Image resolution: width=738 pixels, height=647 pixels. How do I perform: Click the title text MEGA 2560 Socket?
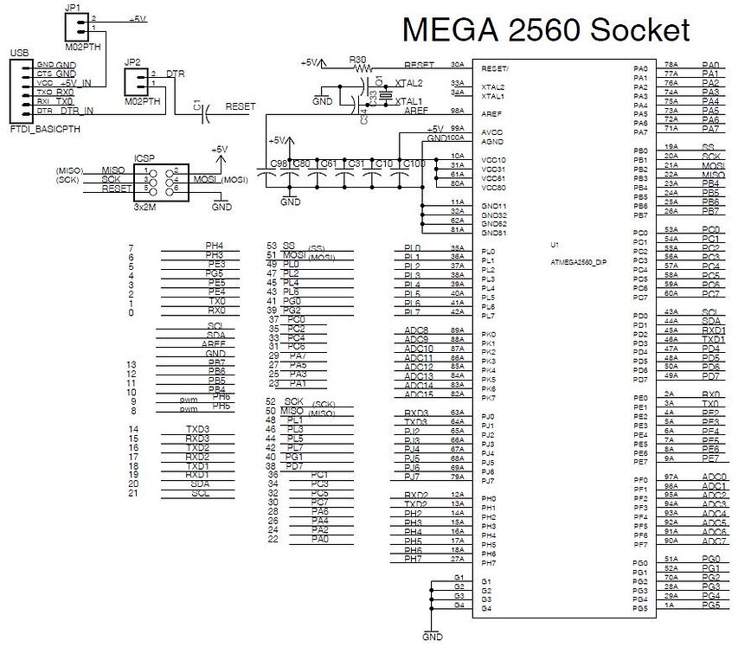tap(545, 30)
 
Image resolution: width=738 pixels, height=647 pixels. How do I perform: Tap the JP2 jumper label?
tap(132, 62)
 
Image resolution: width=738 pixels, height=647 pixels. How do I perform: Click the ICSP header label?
tap(144, 159)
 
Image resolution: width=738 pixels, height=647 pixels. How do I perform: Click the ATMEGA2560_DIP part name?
tap(578, 261)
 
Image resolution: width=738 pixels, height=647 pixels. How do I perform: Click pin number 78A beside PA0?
tap(671, 65)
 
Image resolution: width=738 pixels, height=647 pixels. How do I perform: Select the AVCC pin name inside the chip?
tap(492, 131)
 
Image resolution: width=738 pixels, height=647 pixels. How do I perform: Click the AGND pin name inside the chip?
tap(492, 141)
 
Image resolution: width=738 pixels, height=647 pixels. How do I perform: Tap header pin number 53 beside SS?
tap(272, 247)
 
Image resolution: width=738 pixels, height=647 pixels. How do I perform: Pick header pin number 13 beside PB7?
tap(132, 364)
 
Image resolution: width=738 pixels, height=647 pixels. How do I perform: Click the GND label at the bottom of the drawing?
tap(432, 637)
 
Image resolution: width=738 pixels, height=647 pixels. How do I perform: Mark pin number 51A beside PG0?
tap(671, 559)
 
